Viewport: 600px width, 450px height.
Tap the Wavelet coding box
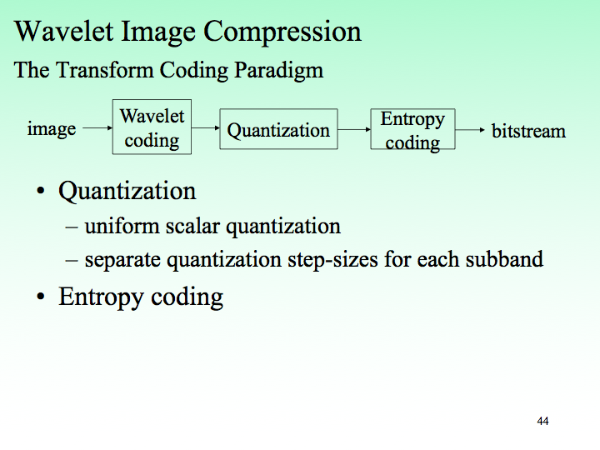point(152,127)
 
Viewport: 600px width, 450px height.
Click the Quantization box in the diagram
point(278,129)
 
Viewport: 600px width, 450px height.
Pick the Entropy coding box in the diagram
point(412,129)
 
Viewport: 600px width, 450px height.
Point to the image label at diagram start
point(52,129)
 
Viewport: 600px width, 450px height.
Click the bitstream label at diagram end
point(528,131)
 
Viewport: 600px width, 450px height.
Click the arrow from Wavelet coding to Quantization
point(205,129)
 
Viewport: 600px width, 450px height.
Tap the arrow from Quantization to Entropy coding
point(354,129)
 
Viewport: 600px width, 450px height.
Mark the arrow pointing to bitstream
point(470,130)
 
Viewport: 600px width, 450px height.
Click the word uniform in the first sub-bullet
point(115,226)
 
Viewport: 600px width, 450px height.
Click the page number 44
point(542,422)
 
